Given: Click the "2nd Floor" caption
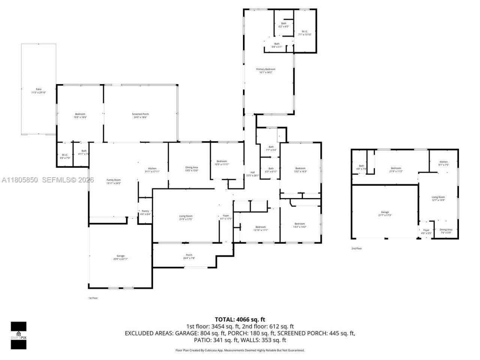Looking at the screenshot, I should click(357, 248).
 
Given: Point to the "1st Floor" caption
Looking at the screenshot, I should click(93, 298).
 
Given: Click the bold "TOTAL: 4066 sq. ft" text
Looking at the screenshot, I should click(240, 319).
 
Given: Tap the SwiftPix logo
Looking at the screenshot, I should click(18, 335).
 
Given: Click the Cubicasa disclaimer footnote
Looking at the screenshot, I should click(240, 350).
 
